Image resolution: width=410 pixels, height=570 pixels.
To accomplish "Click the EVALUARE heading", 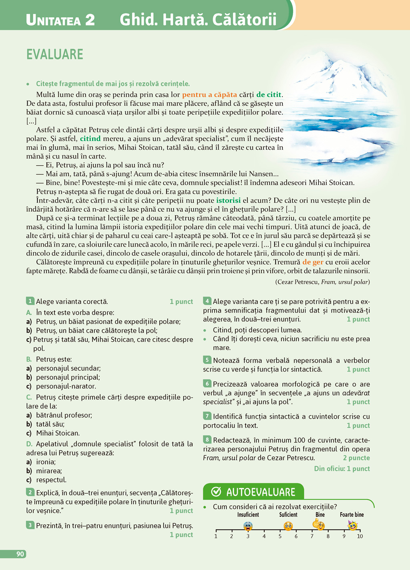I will (55, 54).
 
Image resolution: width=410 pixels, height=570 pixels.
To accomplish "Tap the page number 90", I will (20, 554).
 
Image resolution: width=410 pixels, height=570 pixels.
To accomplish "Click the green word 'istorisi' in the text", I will (228, 200).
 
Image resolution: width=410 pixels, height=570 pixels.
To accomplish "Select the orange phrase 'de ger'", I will (313, 262).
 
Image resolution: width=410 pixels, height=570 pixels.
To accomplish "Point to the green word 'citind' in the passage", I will (90, 138).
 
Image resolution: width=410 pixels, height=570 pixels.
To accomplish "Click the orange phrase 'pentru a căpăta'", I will (209, 94).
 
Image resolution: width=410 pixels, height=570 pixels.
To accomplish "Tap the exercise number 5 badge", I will (207, 360).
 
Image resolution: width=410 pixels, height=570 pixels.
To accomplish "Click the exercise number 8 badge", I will (207, 440).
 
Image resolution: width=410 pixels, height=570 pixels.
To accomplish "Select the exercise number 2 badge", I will (30, 492).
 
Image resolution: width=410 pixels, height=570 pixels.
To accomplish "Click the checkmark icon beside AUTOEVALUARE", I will (216, 492).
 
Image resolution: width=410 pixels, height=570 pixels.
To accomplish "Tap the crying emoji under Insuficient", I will (248, 526).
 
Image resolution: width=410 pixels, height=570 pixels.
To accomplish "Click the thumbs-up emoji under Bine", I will (319, 524).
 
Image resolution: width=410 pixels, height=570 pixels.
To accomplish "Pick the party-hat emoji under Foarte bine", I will (352, 525).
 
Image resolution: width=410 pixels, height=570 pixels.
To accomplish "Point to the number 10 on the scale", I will (360, 536).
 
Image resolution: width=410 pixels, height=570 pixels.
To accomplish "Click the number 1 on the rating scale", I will (216, 536).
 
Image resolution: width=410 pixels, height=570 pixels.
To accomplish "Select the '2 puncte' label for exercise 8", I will (356, 458).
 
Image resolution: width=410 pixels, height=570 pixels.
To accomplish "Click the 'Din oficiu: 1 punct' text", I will (342, 468).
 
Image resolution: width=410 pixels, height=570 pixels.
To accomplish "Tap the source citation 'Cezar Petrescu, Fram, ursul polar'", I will (322, 282).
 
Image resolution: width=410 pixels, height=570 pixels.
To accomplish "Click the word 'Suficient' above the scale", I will (288, 515).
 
